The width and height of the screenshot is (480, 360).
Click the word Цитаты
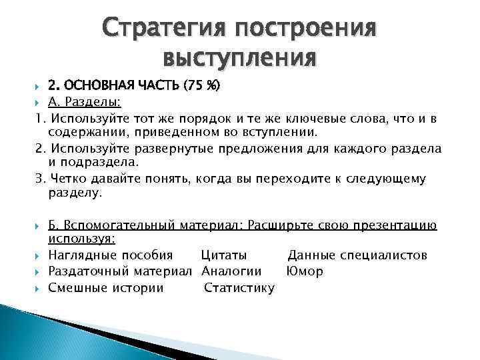tap(223, 255)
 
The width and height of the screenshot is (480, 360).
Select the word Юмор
tap(305, 271)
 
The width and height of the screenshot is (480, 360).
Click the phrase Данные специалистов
tap(357, 255)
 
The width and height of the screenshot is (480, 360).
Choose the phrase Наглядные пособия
tap(111, 255)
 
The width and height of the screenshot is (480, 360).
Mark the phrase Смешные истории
tap(106, 288)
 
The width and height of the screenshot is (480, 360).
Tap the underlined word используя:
tap(81, 238)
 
